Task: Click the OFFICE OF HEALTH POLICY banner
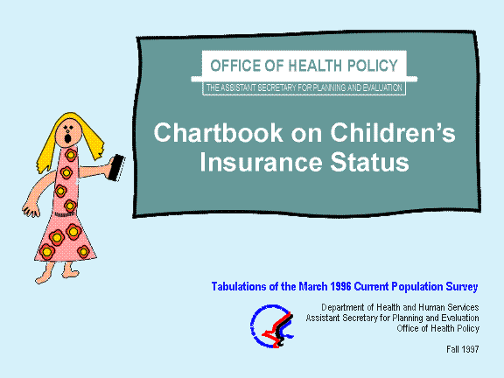click(304, 66)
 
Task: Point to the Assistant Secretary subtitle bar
click(304, 87)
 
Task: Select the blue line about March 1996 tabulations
click(357, 286)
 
